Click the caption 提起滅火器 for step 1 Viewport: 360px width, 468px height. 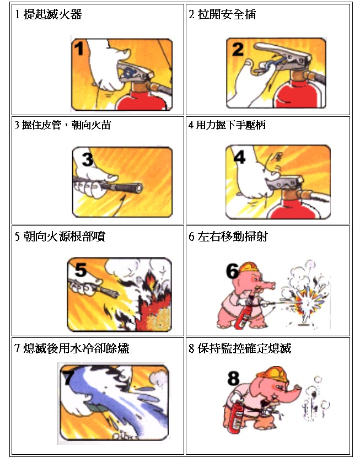click(x=52, y=14)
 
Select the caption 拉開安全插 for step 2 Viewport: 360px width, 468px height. click(x=227, y=14)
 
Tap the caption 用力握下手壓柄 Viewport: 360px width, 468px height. click(x=231, y=125)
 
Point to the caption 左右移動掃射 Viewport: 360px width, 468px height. click(x=233, y=236)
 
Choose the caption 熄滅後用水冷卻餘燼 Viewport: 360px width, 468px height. click(x=76, y=348)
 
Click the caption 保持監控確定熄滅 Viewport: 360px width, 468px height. click(x=244, y=348)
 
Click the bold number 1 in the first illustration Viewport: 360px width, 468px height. click(x=79, y=49)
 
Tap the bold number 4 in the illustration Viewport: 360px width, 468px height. click(x=239, y=157)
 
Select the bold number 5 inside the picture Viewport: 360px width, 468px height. click(x=80, y=270)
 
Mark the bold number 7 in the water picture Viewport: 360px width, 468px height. click(x=68, y=377)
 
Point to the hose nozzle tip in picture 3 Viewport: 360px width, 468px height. click(x=138, y=188)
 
